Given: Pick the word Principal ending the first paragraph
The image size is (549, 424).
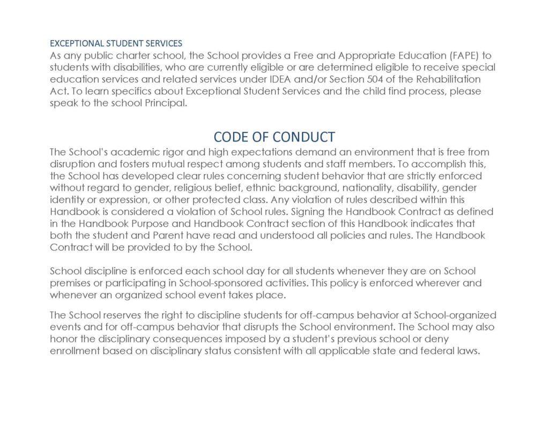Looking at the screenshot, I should tap(169, 103).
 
